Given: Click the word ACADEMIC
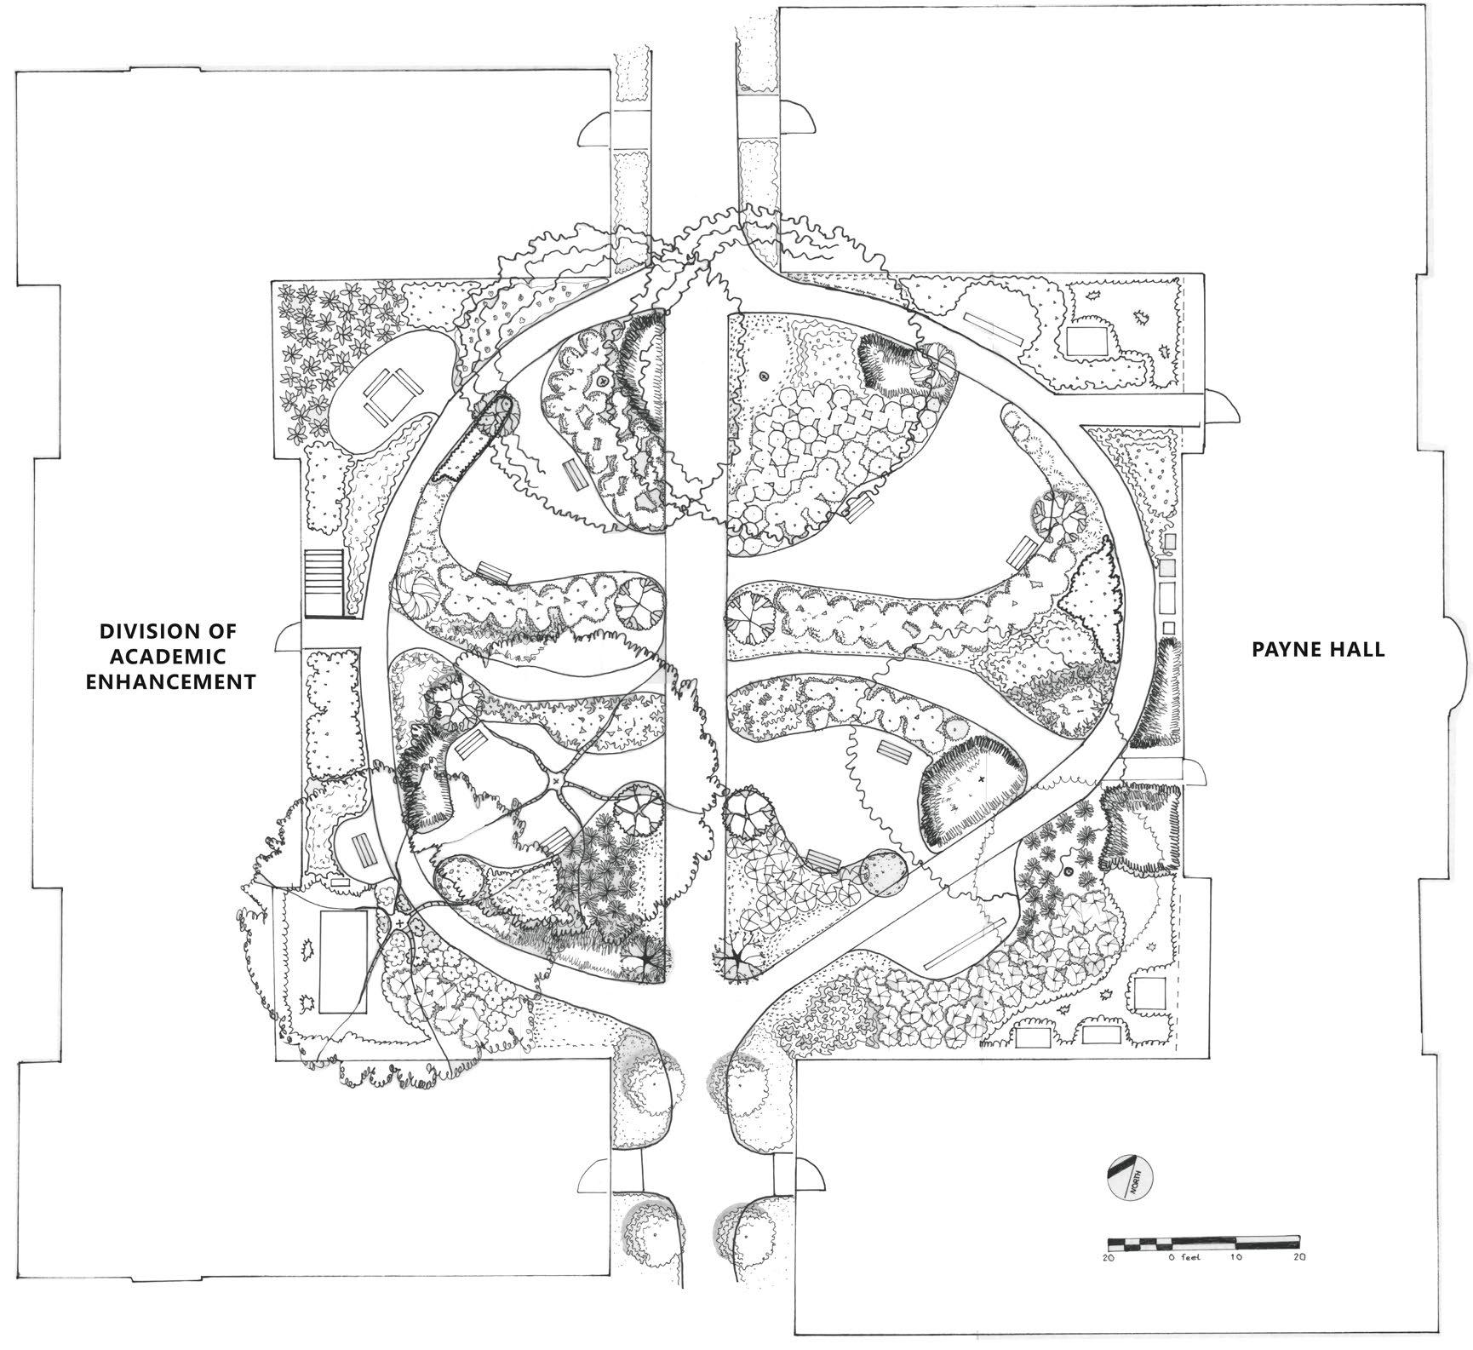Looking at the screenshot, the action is (x=170, y=657).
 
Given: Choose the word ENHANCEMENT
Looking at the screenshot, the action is (x=170, y=681).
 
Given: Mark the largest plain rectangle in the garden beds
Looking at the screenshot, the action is (x=343, y=961).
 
